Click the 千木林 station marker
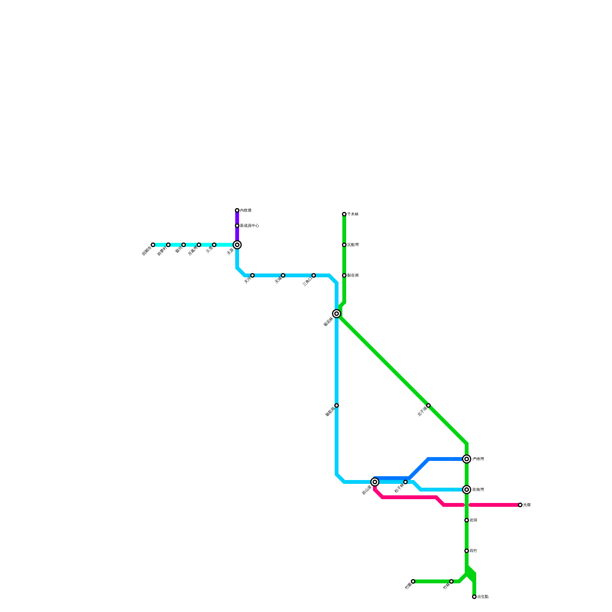click(x=344, y=214)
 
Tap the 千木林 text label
click(x=353, y=214)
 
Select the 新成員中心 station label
click(x=249, y=226)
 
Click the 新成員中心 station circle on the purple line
click(x=237, y=226)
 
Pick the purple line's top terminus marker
click(x=237, y=210)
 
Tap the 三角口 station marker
click(x=314, y=275)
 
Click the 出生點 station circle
click(x=474, y=597)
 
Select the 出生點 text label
click(x=483, y=597)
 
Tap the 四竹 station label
click(x=473, y=551)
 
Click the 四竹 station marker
click(x=467, y=551)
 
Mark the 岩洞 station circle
click(x=467, y=520)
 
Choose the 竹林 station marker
click(x=451, y=581)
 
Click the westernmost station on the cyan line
click(x=153, y=245)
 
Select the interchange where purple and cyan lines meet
click(x=237, y=245)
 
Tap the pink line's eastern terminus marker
click(x=520, y=505)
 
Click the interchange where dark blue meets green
click(x=467, y=459)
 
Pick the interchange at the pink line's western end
click(x=375, y=482)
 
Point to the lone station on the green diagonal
click(x=428, y=405)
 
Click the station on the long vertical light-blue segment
click(x=337, y=405)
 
